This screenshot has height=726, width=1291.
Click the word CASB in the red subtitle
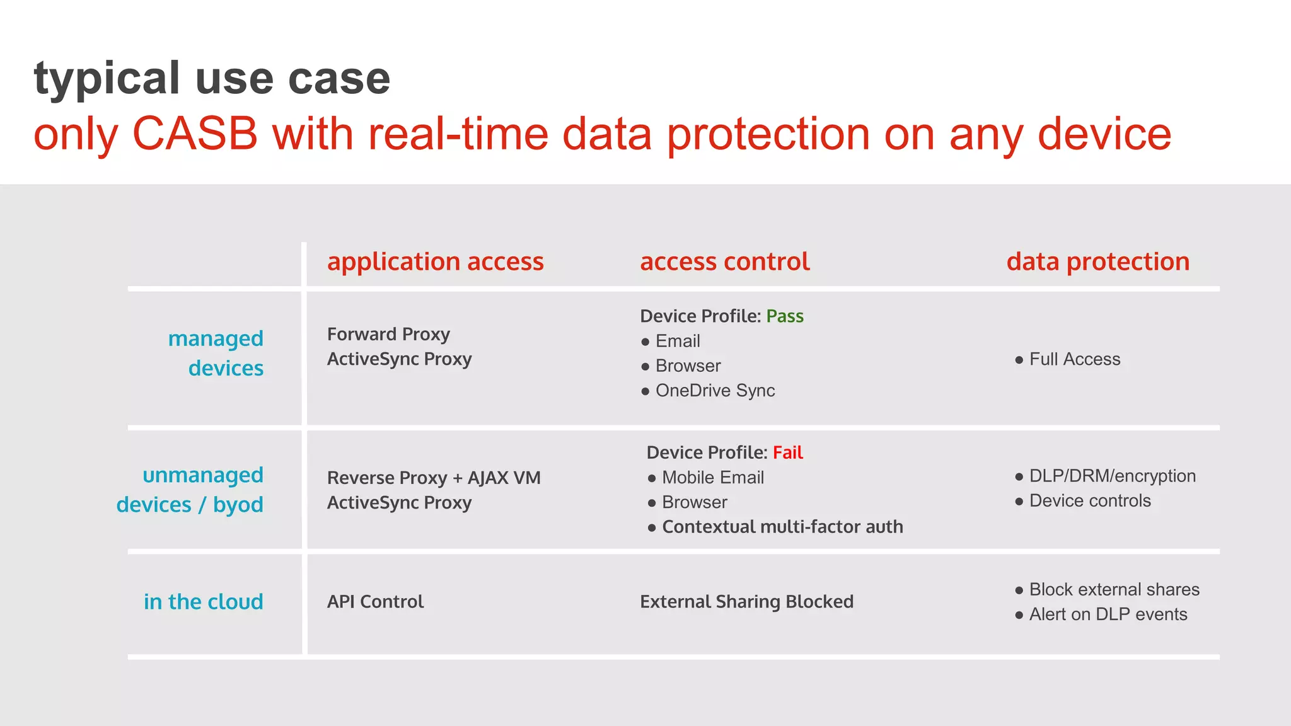point(195,134)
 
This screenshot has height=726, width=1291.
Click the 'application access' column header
point(435,262)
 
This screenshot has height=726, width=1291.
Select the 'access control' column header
point(724,262)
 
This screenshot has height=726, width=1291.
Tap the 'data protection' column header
point(1097,262)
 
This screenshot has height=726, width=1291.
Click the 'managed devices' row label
point(216,353)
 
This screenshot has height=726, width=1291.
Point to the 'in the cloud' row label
point(203,602)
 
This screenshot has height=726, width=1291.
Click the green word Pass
point(784,316)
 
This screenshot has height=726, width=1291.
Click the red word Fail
point(787,452)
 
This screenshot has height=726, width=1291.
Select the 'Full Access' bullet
point(1074,359)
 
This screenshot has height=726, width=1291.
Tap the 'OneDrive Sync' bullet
point(715,391)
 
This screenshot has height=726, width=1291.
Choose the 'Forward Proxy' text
point(388,334)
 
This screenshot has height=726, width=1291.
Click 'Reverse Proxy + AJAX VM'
point(434,478)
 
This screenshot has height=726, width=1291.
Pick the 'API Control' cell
point(375,602)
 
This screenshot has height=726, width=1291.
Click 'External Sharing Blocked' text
point(746,602)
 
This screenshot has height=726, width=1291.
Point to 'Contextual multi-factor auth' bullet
point(782,527)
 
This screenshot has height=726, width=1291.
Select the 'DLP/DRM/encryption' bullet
point(1112,476)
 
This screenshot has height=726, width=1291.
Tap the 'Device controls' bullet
point(1089,501)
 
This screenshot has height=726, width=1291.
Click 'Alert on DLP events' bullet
point(1108,614)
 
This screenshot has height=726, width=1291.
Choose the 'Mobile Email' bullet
point(712,478)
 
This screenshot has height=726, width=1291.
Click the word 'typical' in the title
point(107,79)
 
